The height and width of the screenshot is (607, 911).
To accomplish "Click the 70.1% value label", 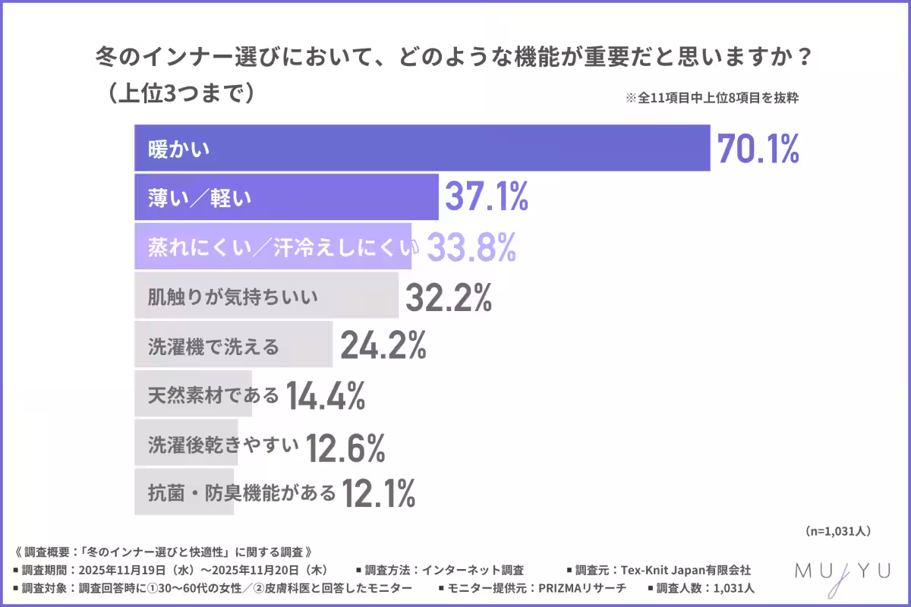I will click(757, 149).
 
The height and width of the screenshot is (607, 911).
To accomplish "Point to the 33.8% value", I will click(472, 247).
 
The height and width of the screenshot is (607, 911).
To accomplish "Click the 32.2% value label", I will click(448, 297).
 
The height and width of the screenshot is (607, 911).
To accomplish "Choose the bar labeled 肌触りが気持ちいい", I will click(266, 296).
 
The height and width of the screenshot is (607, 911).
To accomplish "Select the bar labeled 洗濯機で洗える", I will click(233, 345).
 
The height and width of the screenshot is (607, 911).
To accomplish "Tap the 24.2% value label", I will click(383, 346).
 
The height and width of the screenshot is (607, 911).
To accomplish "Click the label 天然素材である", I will click(213, 395).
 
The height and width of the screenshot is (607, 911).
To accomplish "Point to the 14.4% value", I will click(326, 395).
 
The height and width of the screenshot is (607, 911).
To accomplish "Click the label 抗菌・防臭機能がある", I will click(241, 493).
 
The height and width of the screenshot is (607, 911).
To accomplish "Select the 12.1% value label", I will click(378, 494).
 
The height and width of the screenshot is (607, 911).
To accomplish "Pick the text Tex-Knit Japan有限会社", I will click(686, 569).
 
